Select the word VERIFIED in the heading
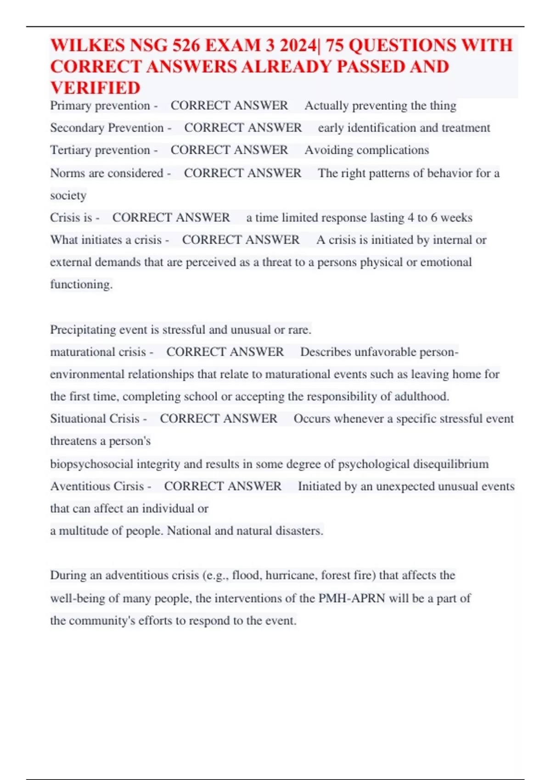96,88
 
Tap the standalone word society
68,195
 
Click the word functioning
81,284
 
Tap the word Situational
72,418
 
